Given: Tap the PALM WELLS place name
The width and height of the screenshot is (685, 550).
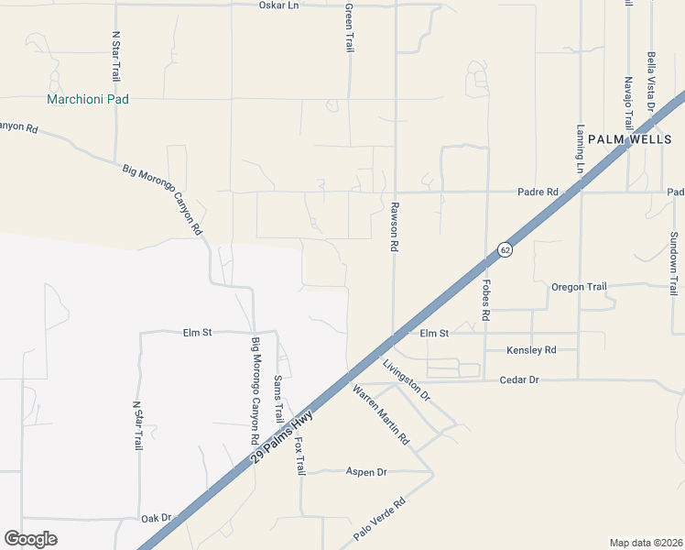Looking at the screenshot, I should tap(629, 139).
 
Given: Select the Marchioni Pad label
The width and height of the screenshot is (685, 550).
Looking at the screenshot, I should tap(89, 99).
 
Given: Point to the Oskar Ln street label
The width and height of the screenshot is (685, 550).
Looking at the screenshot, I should tap(278, 5).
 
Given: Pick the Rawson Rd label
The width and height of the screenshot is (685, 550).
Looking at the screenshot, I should tap(395, 226).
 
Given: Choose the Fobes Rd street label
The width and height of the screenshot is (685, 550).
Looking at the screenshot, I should tap(486, 300).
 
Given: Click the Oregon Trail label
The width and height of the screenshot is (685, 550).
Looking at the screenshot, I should tap(579, 287).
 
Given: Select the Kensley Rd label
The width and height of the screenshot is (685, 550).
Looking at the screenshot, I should tap(531, 350).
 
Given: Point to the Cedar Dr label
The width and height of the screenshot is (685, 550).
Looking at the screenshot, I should tap(519, 379).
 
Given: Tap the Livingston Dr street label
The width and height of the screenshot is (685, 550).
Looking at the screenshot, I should tap(406, 379).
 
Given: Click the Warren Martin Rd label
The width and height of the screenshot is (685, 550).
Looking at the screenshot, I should tap(380, 415).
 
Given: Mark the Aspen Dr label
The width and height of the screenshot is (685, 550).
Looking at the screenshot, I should tap(366, 472).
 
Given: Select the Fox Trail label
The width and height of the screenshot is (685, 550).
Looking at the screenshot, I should tap(299, 455).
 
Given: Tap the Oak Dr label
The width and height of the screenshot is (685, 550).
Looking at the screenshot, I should tap(157, 518).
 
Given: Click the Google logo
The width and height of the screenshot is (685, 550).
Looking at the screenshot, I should tap(30, 539).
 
